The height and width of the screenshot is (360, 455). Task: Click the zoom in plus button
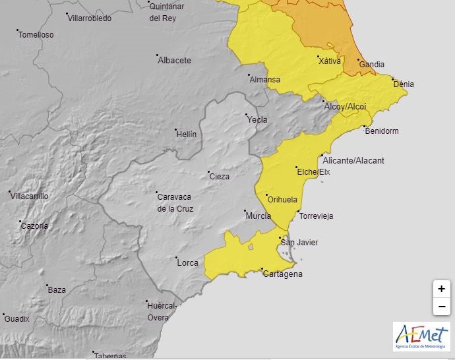tap(441, 289)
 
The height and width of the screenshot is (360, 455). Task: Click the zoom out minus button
tap(441, 307)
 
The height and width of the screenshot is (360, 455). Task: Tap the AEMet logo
tap(421, 336)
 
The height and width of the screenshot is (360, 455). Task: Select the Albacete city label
tap(175, 61)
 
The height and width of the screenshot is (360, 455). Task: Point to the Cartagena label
tap(284, 274)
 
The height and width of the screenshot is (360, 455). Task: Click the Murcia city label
tap(258, 216)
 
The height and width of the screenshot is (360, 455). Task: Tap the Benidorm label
tap(382, 131)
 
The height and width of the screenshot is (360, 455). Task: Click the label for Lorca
tap(188, 263)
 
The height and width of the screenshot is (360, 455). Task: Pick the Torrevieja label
tap(316, 216)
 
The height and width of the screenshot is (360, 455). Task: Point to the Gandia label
tap(372, 65)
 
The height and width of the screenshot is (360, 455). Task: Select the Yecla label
tap(257, 120)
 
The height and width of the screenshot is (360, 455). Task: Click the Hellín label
tap(187, 135)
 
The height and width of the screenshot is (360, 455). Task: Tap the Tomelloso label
tap(36, 35)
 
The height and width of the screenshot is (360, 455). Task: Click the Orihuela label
tap(283, 200)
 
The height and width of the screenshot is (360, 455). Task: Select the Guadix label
tap(17, 319)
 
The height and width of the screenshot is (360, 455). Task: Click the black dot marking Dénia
tap(393, 79)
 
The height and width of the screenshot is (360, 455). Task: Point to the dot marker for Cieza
tap(207, 172)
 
